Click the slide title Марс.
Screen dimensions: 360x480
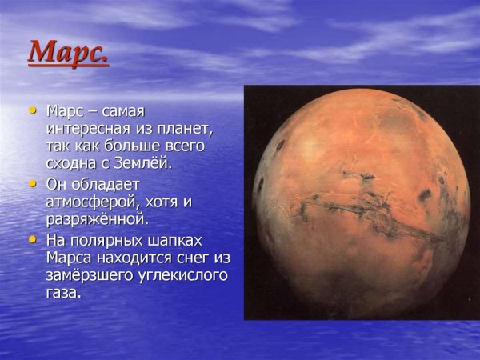tap(68, 53)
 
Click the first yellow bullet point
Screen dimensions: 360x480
tap(32, 109)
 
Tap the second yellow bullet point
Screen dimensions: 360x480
tap(32, 183)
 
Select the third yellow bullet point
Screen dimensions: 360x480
tap(32, 238)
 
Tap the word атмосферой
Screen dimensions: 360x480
tap(89, 202)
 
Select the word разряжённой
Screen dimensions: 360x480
tap(97, 219)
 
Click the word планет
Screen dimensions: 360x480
tap(183, 129)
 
